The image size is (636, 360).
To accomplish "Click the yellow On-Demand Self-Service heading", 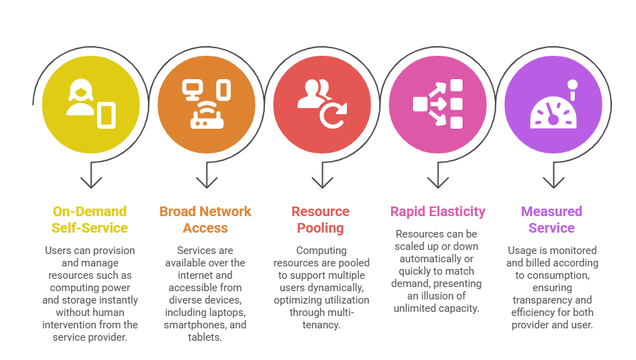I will coord(89,220).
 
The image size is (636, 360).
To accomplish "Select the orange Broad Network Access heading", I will coord(205,220).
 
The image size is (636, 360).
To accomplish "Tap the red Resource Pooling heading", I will coord(320,220).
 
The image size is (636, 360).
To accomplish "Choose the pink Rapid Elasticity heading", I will coord(438,211).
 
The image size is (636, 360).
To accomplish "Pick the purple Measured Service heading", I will coord(551,220).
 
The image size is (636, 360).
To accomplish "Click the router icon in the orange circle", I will coord(206,118).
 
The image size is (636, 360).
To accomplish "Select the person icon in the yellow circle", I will coord(81,98).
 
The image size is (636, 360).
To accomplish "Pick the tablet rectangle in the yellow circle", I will coord(107,115).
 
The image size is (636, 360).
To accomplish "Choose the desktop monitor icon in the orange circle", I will coord(191,89).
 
